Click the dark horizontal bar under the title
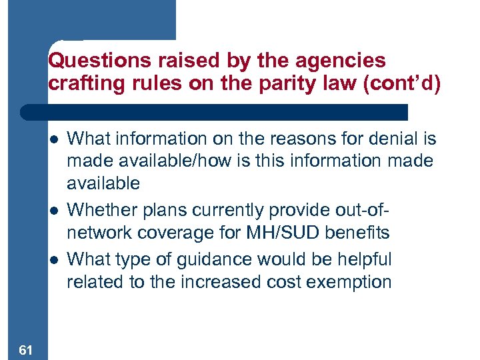213,111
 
